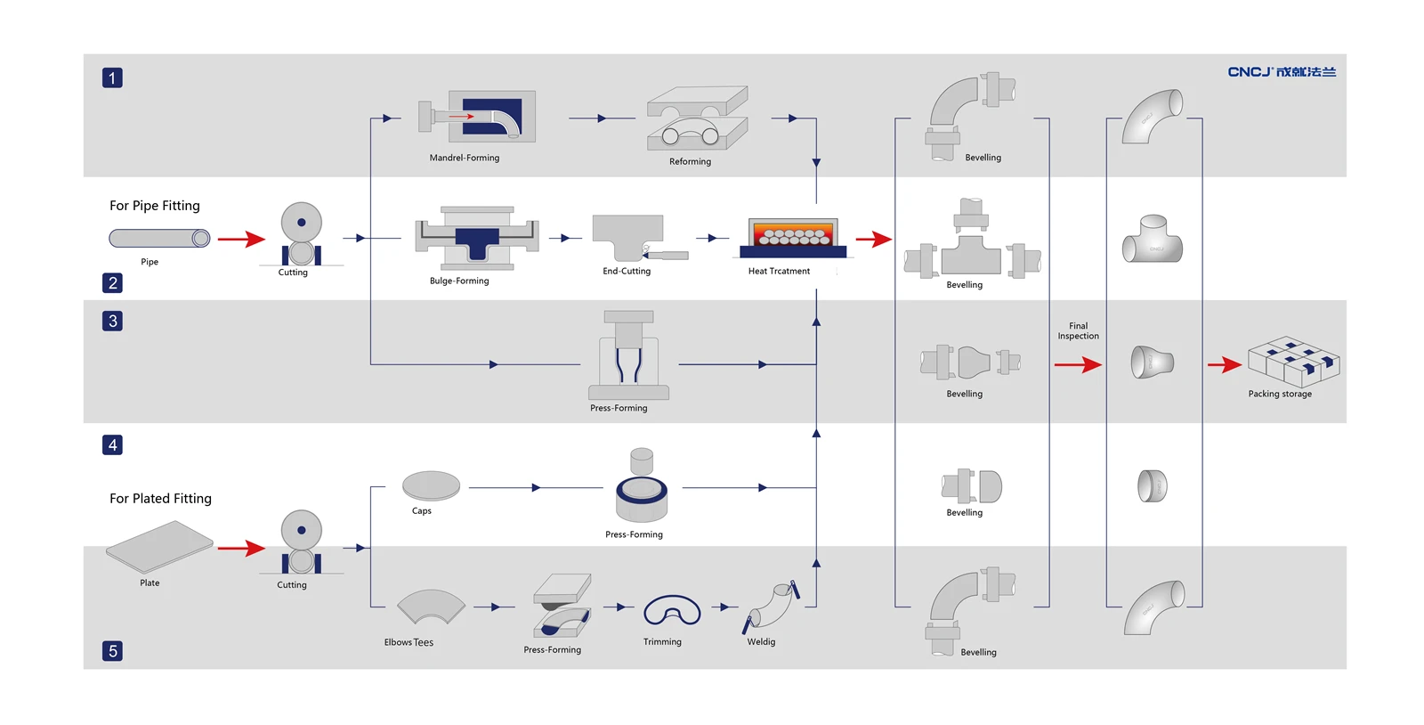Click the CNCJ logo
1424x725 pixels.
click(1282, 72)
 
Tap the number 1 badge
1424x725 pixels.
click(112, 77)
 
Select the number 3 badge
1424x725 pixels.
click(112, 321)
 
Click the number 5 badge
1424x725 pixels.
click(112, 650)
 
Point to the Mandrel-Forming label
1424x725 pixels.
click(464, 158)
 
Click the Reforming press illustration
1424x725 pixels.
click(698, 118)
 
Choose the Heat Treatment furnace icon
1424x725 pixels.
click(793, 237)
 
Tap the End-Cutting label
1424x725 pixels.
click(627, 271)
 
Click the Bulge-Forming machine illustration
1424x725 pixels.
click(477, 238)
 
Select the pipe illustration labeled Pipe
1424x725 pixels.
click(159, 238)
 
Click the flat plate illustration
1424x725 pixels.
click(159, 546)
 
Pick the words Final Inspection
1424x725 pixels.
click(1078, 330)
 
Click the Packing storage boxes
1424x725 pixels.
click(1294, 362)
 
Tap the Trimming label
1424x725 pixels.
click(662, 641)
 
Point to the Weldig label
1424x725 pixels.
click(761, 641)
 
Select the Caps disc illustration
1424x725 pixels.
click(431, 486)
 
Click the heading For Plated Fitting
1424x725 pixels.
click(160, 499)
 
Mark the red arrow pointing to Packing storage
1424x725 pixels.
click(1225, 364)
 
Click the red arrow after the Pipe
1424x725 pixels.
click(241, 239)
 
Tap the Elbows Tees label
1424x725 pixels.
click(409, 642)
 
